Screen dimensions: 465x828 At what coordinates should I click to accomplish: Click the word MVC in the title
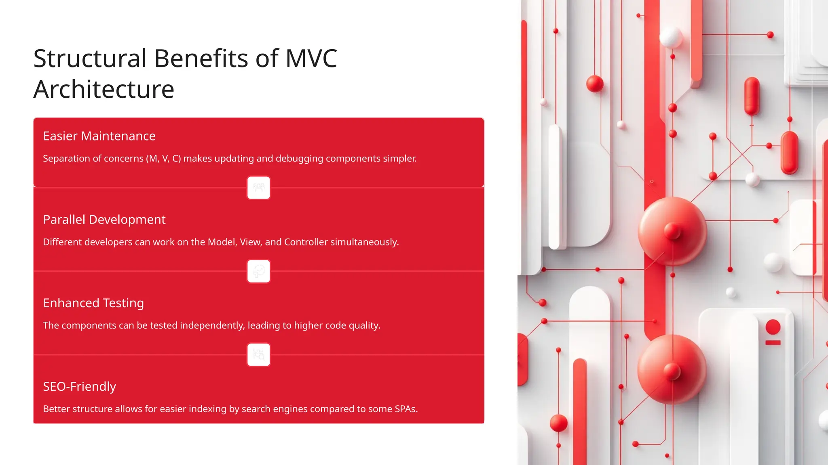[x=311, y=59]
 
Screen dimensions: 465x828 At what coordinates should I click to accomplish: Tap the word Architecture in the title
[x=104, y=89]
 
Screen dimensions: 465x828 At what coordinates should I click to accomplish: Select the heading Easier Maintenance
[x=99, y=136]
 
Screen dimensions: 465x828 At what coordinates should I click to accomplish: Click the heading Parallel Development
[x=104, y=220]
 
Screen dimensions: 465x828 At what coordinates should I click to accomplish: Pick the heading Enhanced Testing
[x=93, y=303]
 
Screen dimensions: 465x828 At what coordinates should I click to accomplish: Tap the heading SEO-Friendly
[x=79, y=387]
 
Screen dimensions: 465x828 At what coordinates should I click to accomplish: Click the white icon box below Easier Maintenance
[x=259, y=188]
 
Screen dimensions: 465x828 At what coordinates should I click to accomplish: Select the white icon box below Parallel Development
[x=259, y=271]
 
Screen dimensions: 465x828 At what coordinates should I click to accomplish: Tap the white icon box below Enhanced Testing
[x=259, y=355]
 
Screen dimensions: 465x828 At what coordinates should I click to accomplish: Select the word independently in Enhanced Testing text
[x=212, y=326]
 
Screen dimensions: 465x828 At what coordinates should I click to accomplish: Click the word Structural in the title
[x=90, y=59]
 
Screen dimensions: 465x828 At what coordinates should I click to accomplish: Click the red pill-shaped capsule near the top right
[x=752, y=96]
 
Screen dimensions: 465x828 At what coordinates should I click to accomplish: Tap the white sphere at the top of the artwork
[x=671, y=37]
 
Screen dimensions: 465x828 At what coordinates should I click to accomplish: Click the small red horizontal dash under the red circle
[x=773, y=343]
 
